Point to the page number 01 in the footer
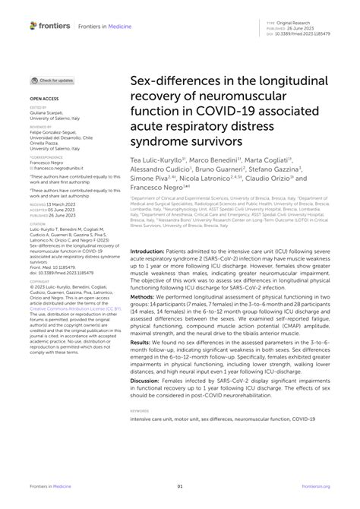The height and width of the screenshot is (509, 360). click(180, 487)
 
